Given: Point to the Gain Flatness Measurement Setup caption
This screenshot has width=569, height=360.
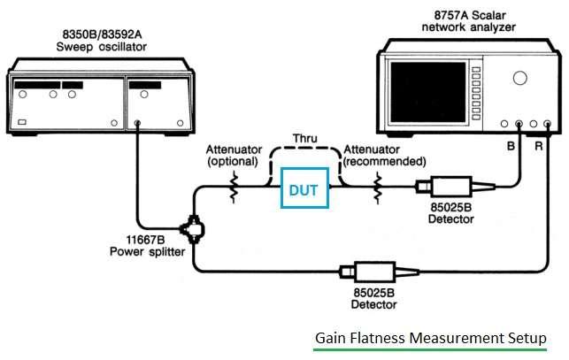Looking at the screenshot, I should pyautogui.click(x=431, y=339).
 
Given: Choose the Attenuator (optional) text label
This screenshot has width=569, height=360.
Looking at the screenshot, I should pyautogui.click(x=233, y=156).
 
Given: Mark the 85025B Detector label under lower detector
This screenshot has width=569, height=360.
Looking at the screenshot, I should pyautogui.click(x=374, y=298).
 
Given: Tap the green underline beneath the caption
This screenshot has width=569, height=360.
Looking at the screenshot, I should pyautogui.click(x=431, y=350).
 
